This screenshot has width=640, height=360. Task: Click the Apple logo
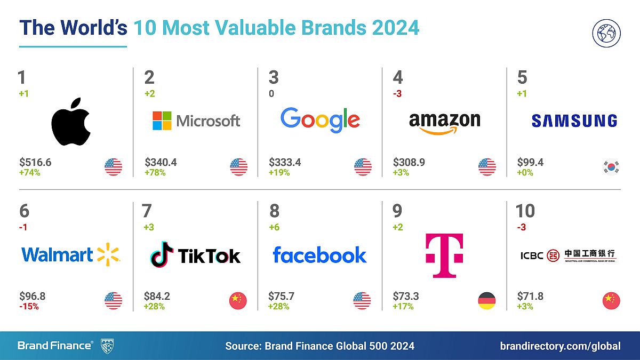coord(71,122)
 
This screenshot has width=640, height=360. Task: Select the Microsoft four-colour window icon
coord(162,121)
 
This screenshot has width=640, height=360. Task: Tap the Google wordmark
coord(320,121)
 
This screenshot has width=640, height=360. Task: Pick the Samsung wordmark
coord(574,121)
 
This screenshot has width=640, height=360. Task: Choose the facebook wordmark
coord(319,254)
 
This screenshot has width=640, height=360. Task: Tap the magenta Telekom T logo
coord(444,255)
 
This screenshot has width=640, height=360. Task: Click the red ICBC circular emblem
coord(554,255)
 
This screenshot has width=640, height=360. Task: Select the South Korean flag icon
coord(611,167)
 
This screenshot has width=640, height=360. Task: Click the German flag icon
coord(486,301)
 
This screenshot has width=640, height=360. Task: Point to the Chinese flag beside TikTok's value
coord(238,301)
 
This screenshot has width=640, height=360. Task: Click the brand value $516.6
coord(35,162)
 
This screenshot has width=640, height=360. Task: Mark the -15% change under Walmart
coord(29,307)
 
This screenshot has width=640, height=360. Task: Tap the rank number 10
coord(525,211)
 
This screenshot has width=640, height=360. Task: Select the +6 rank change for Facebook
coord(274,227)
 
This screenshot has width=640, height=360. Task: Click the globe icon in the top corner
coord(606,33)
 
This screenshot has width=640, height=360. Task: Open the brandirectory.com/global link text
coord(560,346)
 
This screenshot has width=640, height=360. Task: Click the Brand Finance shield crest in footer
coord(107,346)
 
